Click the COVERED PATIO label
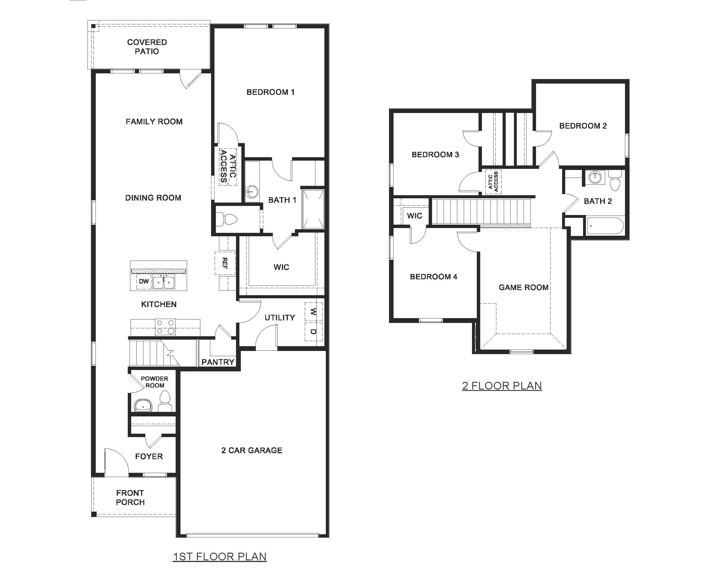pos(147,47)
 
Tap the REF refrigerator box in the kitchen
pos(225,263)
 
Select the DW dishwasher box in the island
pos(144,281)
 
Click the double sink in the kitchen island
pos(163,282)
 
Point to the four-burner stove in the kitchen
pos(165,327)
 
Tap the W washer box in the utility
pos(313,312)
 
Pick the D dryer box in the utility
pos(313,332)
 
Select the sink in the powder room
pos(143,406)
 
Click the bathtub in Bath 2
pos(605,226)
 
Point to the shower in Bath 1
pos(313,209)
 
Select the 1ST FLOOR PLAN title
pos(220,556)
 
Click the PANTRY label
pos(218,362)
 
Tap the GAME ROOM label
pos(523,288)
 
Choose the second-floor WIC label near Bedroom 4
pos(414,216)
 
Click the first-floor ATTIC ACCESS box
pos(228,167)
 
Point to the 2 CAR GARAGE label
pos(252,450)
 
